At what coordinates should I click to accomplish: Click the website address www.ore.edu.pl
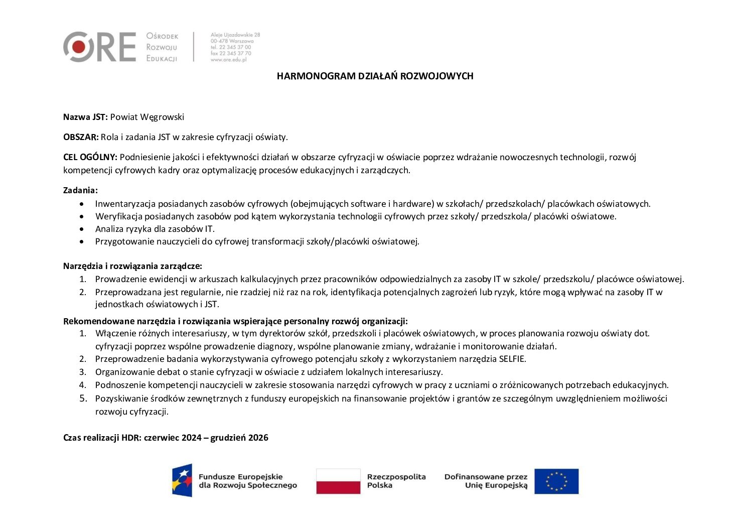[x=228, y=59]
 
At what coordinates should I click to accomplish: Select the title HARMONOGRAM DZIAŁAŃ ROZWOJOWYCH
[x=375, y=76]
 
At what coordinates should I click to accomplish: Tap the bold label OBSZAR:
[x=81, y=137]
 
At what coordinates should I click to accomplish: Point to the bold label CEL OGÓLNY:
[x=90, y=157]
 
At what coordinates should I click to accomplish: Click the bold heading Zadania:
[x=80, y=190]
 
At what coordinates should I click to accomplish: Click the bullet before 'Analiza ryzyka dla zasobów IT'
[x=82, y=229]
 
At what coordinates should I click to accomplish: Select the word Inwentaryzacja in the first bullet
[x=125, y=204]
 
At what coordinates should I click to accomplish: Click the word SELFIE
[x=512, y=359]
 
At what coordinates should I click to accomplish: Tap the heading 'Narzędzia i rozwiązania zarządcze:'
[x=132, y=266]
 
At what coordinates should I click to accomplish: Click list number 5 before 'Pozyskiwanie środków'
[x=83, y=399]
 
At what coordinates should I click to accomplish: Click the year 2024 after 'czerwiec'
[x=191, y=438]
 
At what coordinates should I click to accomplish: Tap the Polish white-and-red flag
[x=338, y=481]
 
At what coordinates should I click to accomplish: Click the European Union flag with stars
[x=556, y=481]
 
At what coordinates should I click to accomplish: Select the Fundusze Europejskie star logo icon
[x=182, y=480]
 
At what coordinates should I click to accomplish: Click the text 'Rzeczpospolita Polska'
[x=396, y=481]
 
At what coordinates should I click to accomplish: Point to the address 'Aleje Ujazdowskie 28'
[x=235, y=35]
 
